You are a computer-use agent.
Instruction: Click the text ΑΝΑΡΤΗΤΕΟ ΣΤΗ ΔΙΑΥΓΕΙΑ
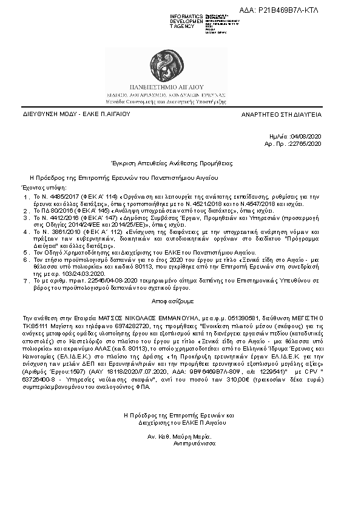click(x=289, y=114)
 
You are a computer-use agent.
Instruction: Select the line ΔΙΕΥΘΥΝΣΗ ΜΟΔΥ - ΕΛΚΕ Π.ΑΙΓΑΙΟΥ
click(x=69, y=114)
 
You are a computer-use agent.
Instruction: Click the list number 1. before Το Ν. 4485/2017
click(x=25, y=197)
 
